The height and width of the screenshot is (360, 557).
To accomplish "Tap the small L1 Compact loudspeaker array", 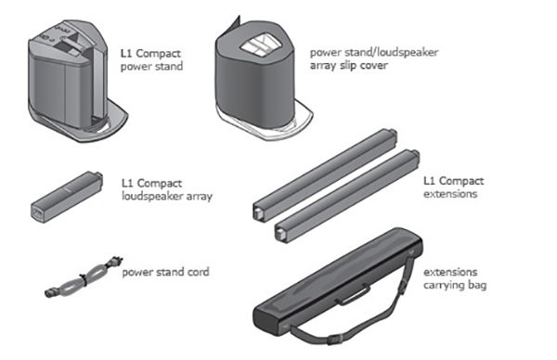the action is click(67, 197).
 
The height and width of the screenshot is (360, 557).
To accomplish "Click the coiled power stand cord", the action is click(84, 276).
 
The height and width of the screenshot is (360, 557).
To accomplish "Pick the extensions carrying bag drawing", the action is click(338, 288).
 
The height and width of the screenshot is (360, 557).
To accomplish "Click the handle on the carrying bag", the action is click(353, 294).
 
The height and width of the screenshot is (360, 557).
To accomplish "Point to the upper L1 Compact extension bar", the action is click(325, 174).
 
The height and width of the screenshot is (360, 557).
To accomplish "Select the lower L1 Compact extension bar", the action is click(347, 196).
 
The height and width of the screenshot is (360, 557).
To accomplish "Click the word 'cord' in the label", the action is click(198, 272).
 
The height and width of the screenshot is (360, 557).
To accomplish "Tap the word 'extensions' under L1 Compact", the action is click(450, 194).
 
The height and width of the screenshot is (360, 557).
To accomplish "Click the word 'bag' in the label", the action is click(477, 286).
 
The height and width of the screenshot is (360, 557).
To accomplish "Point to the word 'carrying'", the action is click(444, 286).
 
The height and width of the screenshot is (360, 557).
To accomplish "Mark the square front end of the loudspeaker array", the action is click(37, 213).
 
